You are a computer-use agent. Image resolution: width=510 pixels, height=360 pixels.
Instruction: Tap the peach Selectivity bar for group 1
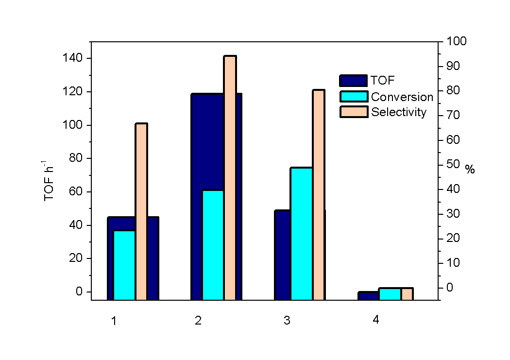tap(141, 211)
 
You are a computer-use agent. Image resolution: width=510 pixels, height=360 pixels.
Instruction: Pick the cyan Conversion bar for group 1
tap(124, 265)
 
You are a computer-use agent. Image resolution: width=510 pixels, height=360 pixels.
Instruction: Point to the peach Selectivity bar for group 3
tap(319, 194)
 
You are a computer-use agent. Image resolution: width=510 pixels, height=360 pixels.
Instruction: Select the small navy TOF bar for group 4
tap(368, 295)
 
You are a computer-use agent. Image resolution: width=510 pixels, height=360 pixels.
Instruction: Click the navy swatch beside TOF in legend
tap(353, 81)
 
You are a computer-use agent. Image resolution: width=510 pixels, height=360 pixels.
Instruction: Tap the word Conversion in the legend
tap(402, 97)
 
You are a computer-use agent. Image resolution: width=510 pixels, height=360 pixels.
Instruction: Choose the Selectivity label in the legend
tap(399, 112)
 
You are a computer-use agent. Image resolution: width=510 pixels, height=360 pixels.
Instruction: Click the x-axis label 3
tap(287, 321)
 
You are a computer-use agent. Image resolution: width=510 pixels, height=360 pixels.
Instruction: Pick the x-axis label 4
tap(375, 320)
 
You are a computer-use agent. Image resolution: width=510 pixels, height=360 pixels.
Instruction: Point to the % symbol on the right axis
tap(470, 169)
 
